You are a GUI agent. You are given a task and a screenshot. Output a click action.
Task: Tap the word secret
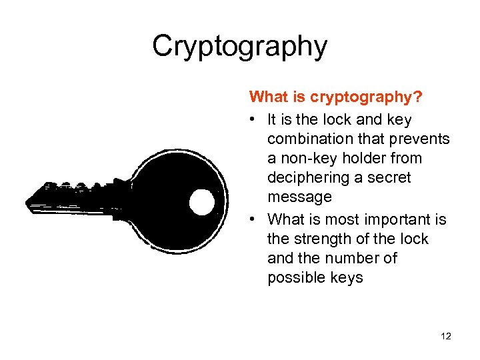pos(390,178)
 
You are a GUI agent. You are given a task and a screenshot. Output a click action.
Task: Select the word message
pos(299,197)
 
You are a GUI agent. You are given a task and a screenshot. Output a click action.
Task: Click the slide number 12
pos(446,337)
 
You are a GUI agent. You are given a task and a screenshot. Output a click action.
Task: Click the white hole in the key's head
pos(202,201)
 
